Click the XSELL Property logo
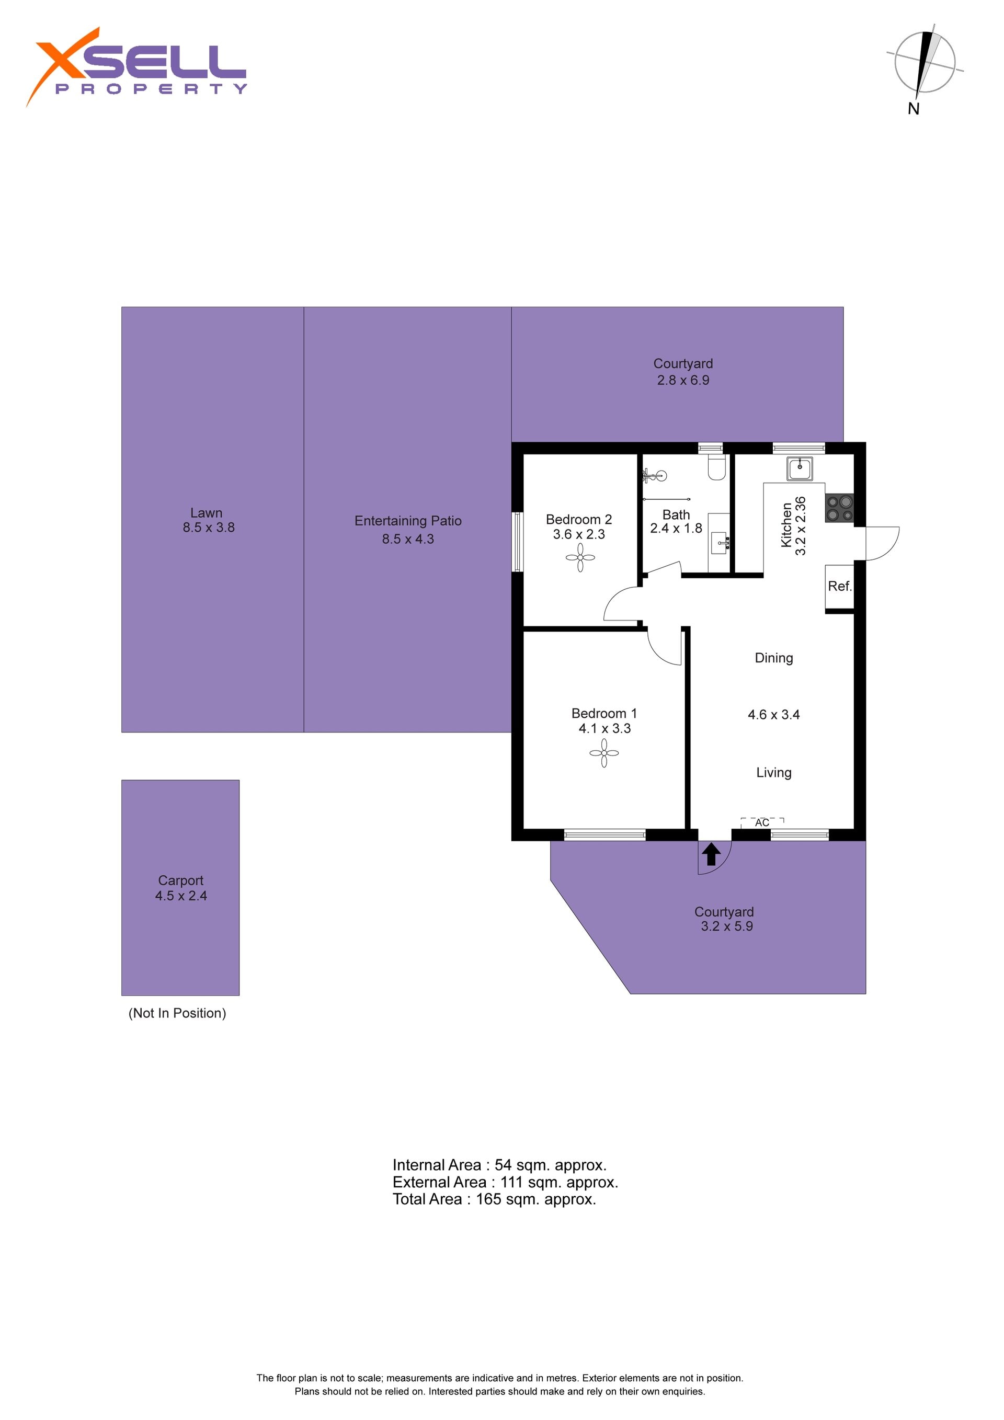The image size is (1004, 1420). tap(136, 67)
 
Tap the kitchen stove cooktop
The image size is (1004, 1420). tap(839, 508)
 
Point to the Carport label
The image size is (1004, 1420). tap(180, 880)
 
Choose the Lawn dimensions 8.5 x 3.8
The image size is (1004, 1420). tap(209, 528)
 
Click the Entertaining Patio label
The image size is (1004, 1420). tap(408, 521)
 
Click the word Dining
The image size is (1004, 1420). tap(774, 658)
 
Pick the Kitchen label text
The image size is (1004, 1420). tap(786, 525)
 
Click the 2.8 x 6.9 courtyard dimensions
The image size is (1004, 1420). tap(683, 381)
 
